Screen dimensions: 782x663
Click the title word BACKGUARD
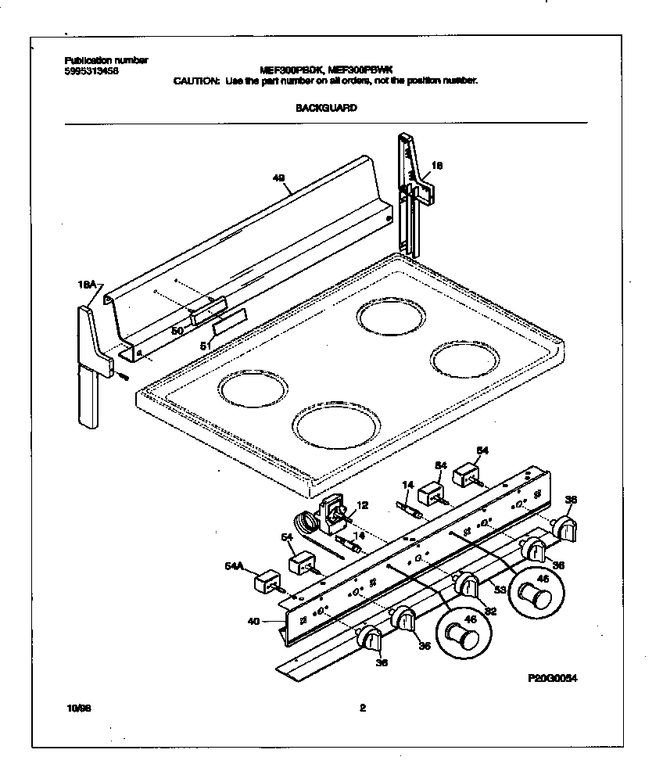point(326,108)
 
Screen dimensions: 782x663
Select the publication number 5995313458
point(91,71)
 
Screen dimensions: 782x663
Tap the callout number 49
point(278,178)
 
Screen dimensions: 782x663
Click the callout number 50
point(177,331)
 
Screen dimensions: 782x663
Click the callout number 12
point(362,504)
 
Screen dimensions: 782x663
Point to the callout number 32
point(490,612)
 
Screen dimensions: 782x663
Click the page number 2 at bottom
point(362,708)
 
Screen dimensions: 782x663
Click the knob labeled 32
point(467,585)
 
